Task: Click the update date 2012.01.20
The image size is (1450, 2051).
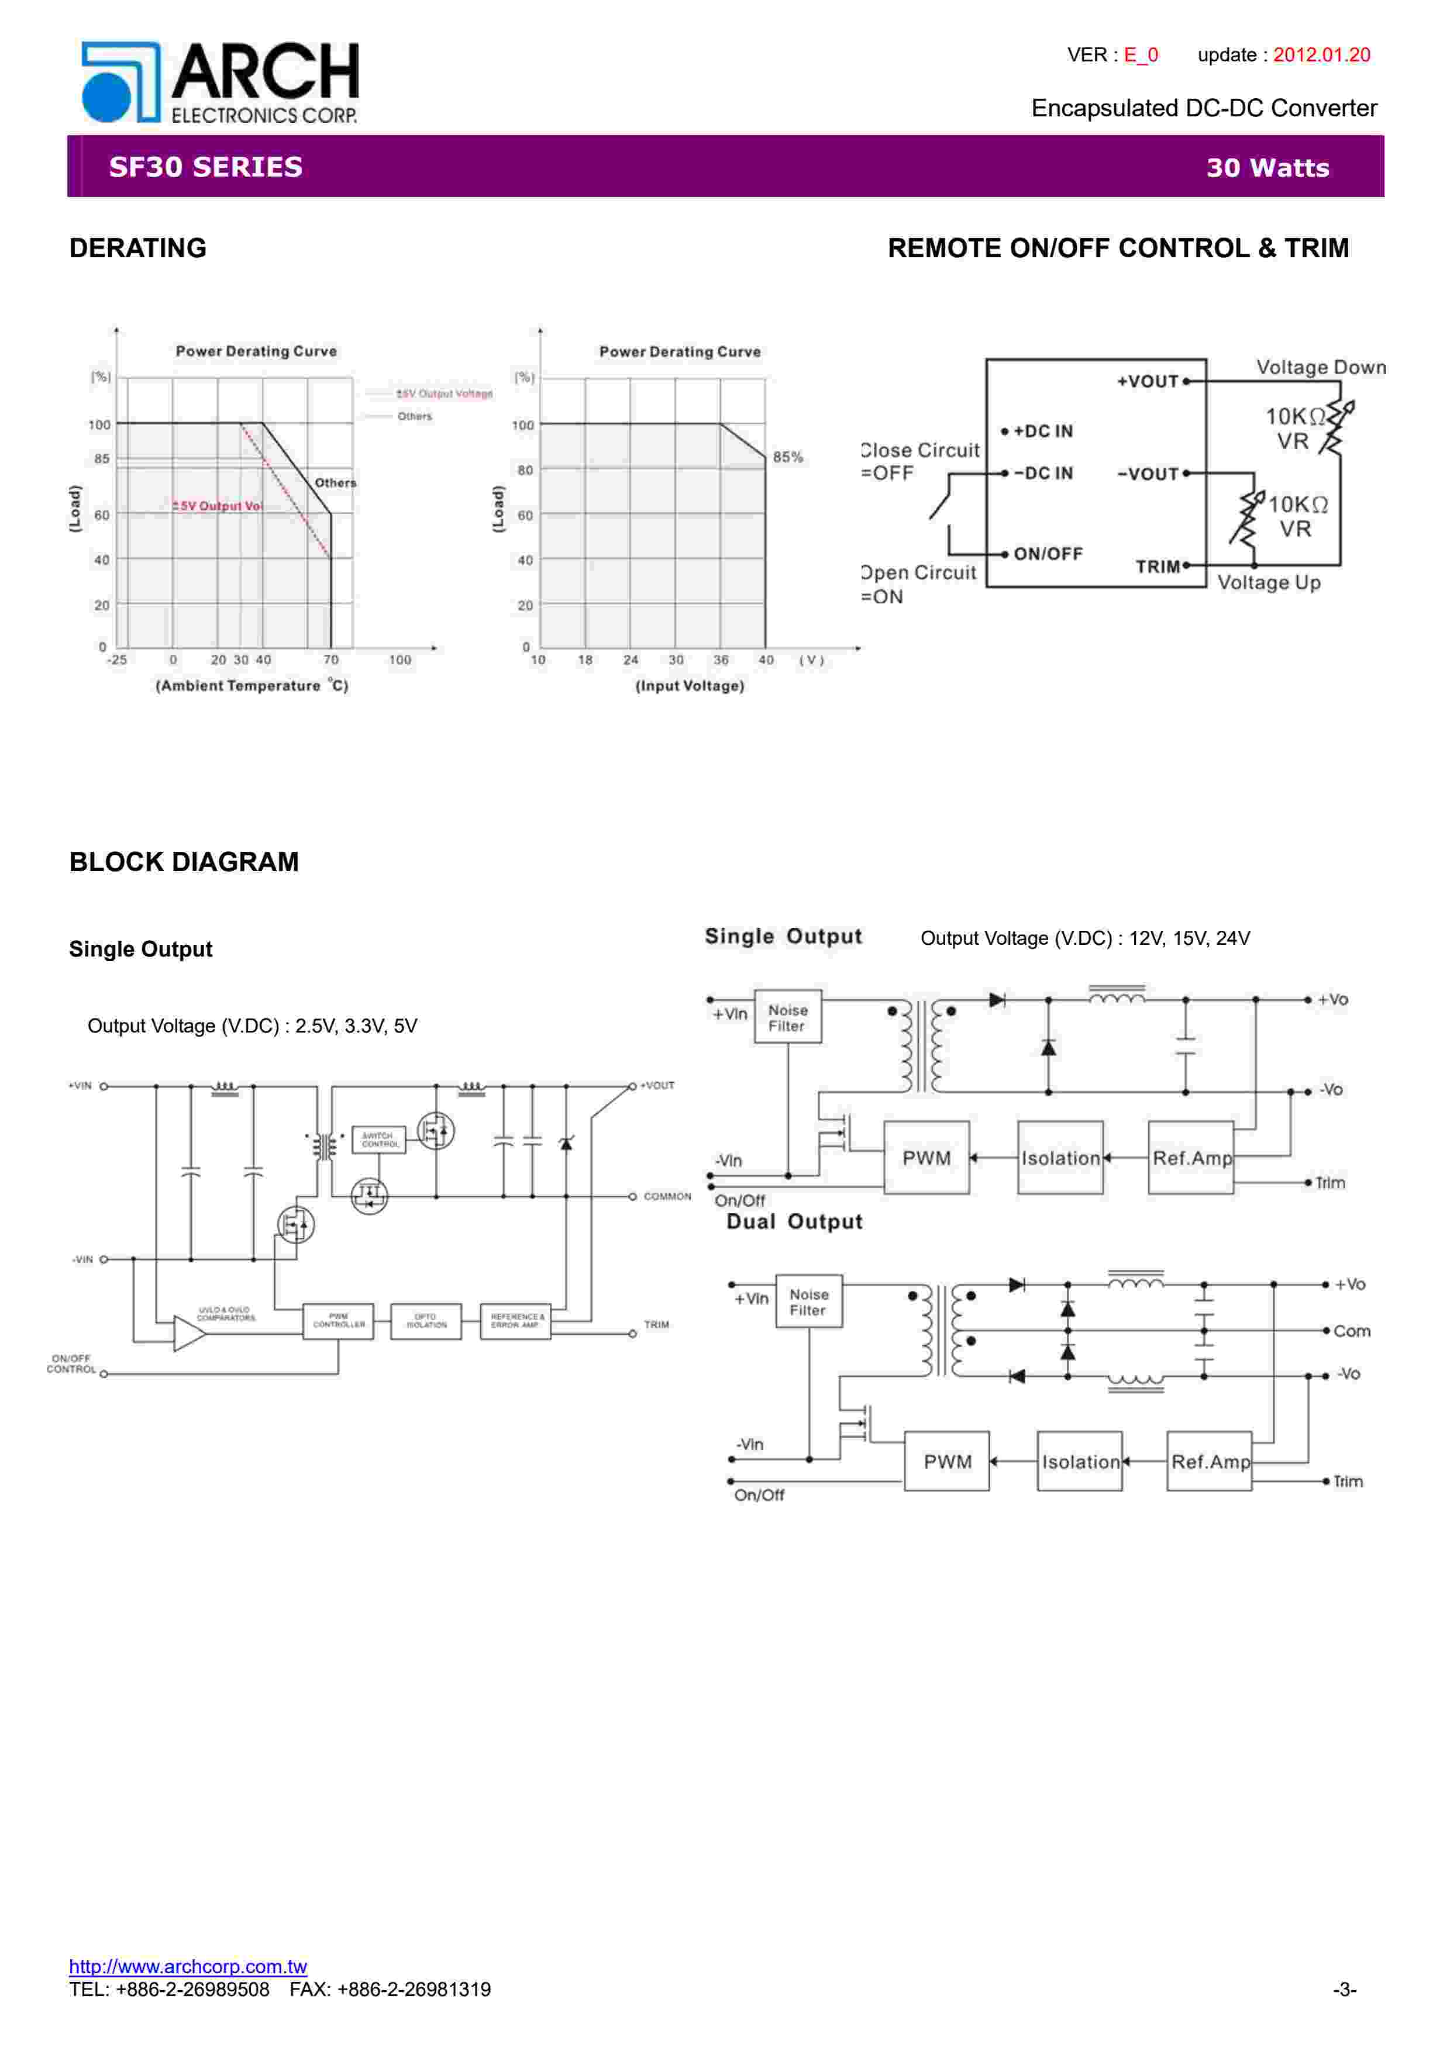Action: point(1321,54)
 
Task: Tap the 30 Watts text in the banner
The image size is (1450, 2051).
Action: point(1267,168)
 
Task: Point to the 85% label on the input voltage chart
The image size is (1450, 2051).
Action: point(787,457)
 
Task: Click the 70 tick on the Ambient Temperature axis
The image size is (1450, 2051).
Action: point(330,660)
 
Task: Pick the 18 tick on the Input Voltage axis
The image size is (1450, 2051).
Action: point(585,660)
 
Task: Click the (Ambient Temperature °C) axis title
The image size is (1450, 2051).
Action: point(252,685)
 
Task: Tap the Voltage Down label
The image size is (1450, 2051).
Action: point(1321,367)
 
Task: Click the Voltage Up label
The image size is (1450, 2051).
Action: point(1269,582)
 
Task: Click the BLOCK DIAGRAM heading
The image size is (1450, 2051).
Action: point(184,861)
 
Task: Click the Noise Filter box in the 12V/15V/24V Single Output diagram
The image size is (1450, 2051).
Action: point(787,1017)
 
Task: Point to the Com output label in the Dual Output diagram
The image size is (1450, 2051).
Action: point(1351,1331)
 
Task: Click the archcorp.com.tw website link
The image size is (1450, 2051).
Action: point(188,1966)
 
